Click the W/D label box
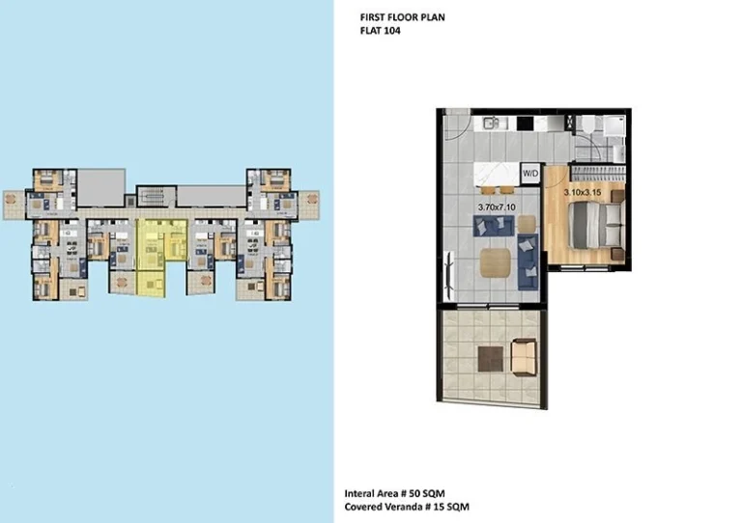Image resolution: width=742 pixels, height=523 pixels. click(x=530, y=174)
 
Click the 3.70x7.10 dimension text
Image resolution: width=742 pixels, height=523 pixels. click(x=498, y=206)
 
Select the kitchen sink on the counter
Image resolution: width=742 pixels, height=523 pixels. click(x=492, y=123)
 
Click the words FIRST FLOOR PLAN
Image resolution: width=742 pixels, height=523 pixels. click(x=402, y=17)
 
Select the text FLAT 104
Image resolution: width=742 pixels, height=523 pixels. click(x=380, y=31)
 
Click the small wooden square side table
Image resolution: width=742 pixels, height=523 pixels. click(x=526, y=222)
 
